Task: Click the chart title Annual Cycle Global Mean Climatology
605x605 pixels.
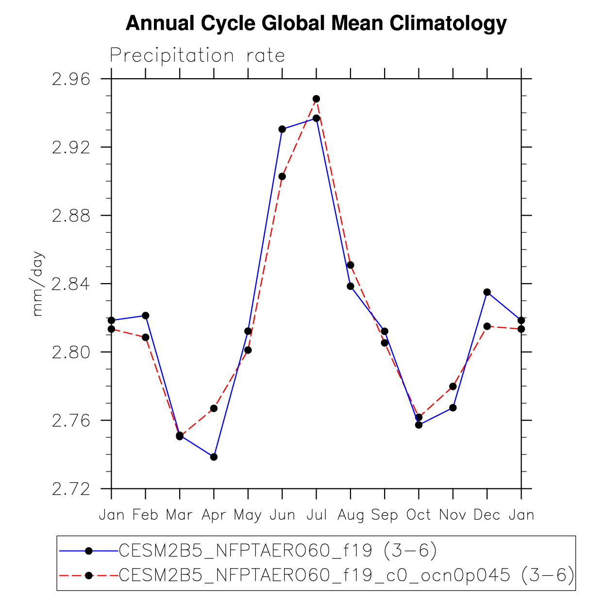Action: (x=316, y=23)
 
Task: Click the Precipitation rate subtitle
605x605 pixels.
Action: (x=197, y=55)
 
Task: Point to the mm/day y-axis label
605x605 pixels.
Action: (x=37, y=284)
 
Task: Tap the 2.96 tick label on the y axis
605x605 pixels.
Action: (x=71, y=79)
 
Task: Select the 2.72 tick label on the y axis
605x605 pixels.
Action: (x=71, y=488)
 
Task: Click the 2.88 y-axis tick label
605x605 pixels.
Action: (x=71, y=216)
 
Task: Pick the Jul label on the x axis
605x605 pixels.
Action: (x=317, y=515)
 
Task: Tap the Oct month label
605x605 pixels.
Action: (x=419, y=515)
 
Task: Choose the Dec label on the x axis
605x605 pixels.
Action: (x=487, y=515)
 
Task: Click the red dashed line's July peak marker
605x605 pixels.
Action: (x=317, y=99)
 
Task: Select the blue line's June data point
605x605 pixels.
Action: (x=282, y=129)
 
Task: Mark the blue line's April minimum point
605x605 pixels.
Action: (x=214, y=457)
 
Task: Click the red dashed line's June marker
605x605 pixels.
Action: (x=282, y=176)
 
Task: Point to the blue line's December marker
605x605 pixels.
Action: (x=487, y=292)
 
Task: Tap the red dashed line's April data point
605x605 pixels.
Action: (x=214, y=408)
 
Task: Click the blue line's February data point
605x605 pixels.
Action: (x=146, y=316)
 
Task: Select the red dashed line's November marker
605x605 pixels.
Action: (x=453, y=387)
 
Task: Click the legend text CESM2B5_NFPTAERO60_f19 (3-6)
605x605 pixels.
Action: (x=278, y=551)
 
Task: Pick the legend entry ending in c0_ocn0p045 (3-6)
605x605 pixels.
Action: (x=346, y=575)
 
